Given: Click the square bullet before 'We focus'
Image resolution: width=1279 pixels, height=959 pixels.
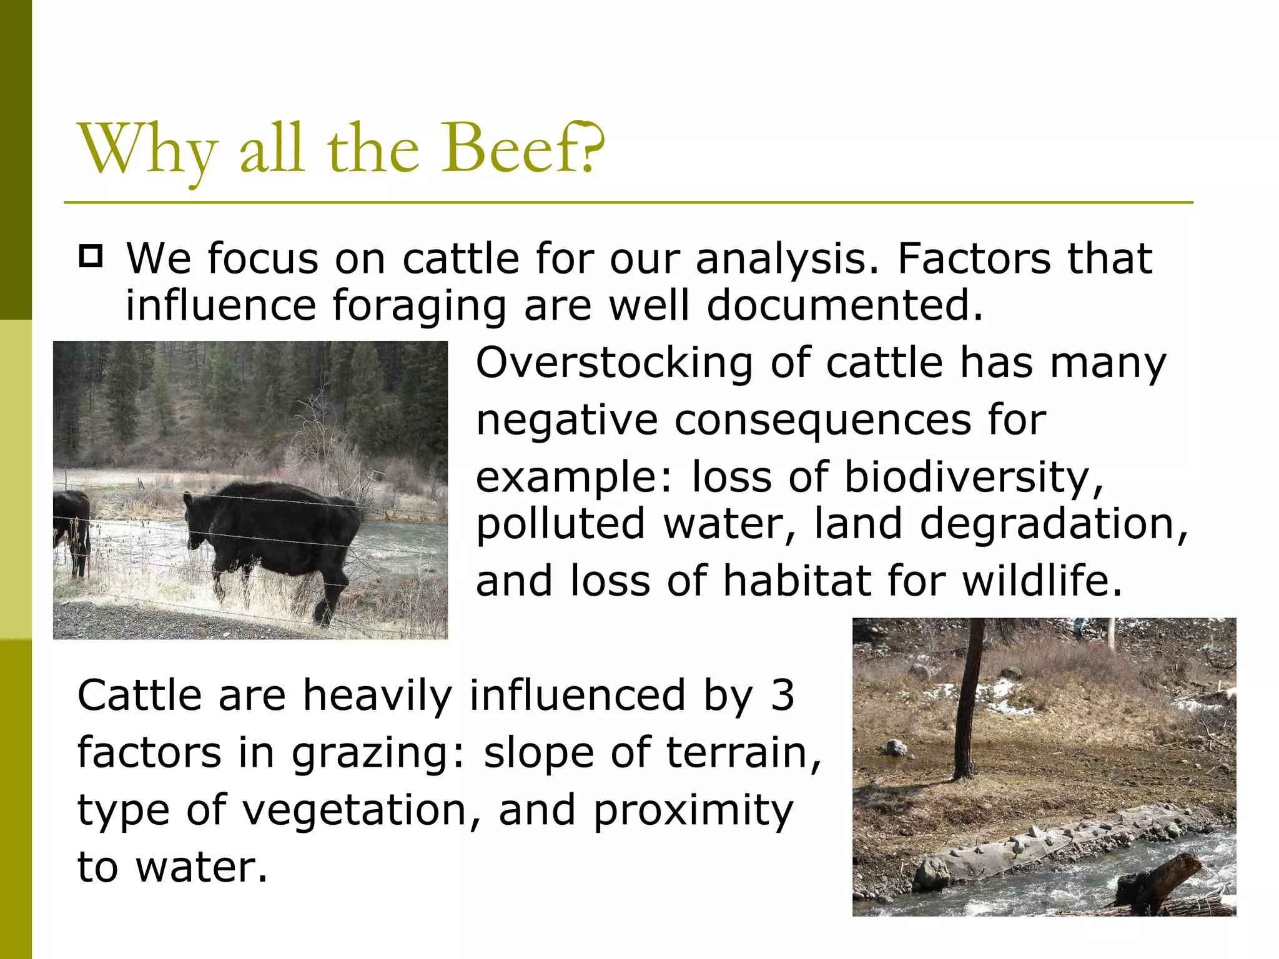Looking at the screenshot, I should pos(91,257).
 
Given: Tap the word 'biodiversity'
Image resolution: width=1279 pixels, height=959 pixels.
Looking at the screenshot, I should pos(974,478).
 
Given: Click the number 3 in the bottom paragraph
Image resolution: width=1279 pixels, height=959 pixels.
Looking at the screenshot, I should pos(782,695).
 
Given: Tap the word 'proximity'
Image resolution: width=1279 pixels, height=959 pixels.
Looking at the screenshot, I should pos(693,812).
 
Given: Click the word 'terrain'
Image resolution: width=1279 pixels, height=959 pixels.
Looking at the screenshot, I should pos(743,752).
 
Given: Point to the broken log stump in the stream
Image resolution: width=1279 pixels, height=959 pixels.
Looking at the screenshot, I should pos(1155,880).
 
